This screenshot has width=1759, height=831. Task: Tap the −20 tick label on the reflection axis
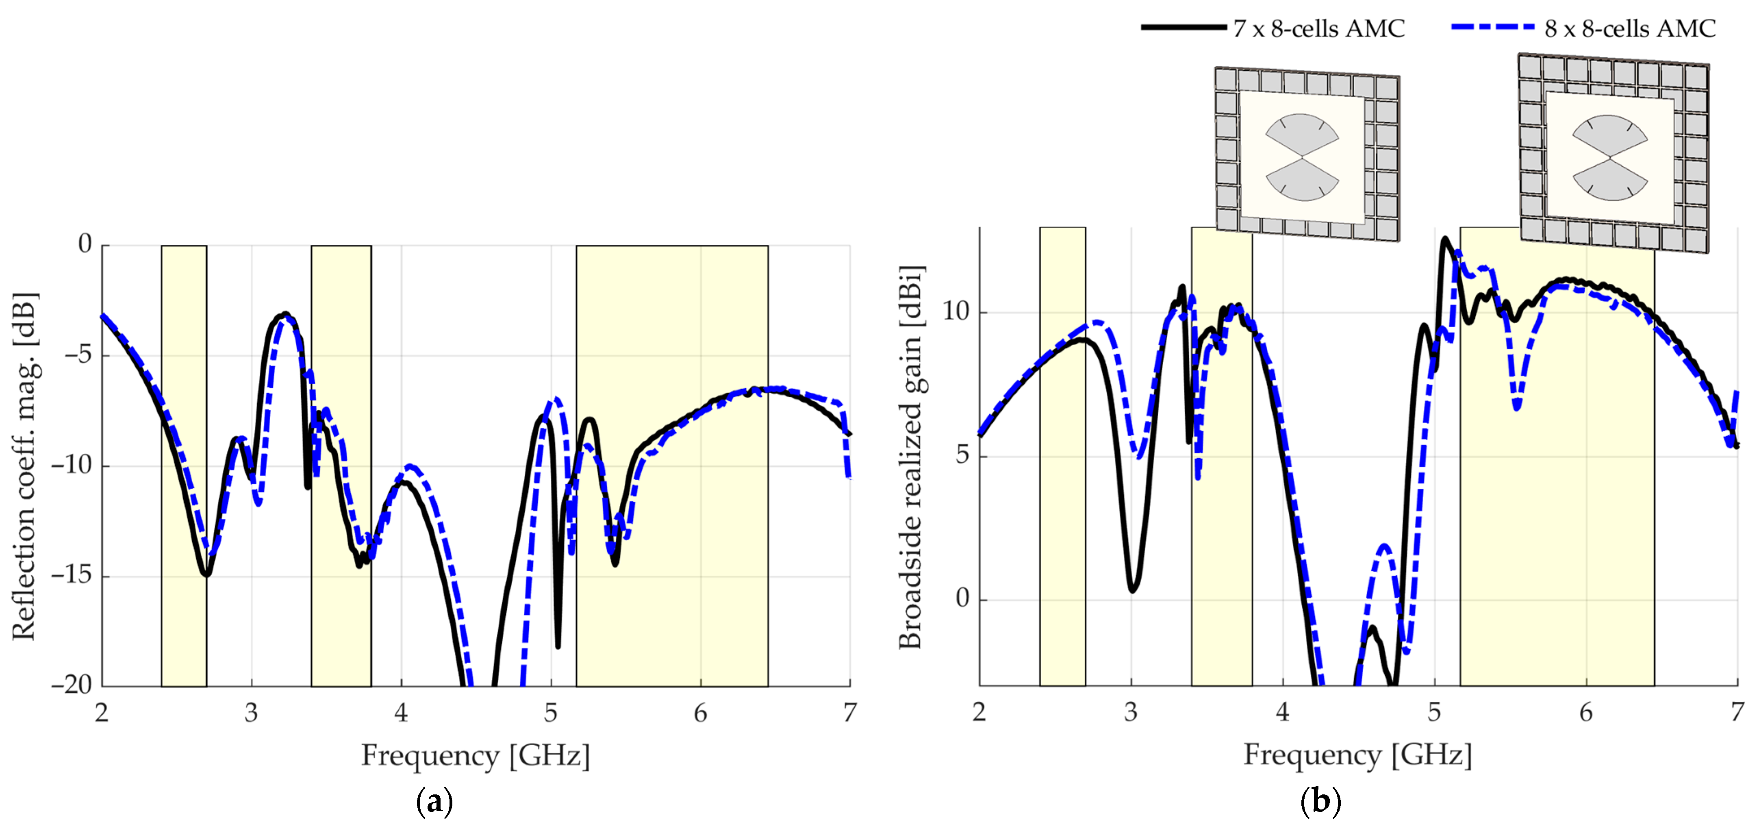click(x=71, y=685)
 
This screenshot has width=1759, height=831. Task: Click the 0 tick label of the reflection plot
click(x=85, y=244)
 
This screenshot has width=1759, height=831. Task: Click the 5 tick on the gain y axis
click(x=962, y=455)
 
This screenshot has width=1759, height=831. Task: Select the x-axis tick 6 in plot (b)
click(x=1585, y=713)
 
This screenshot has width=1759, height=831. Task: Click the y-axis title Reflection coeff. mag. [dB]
click(x=24, y=466)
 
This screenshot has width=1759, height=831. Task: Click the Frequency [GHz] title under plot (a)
click(x=475, y=756)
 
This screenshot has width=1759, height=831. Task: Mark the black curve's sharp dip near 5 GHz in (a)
click(x=558, y=644)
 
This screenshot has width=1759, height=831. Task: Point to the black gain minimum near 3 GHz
click(x=1132, y=589)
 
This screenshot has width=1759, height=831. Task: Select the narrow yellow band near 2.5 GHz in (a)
click(x=184, y=464)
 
